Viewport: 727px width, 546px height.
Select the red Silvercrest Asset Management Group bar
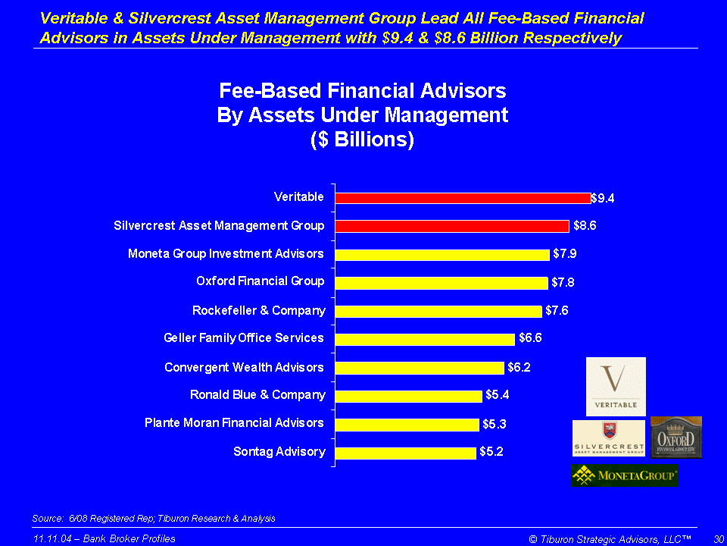pos(452,226)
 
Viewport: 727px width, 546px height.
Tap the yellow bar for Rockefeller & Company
pos(438,311)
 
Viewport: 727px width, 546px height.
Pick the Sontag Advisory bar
pos(406,453)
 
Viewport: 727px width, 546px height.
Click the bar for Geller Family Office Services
pos(425,339)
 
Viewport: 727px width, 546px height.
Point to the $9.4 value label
pos(603,198)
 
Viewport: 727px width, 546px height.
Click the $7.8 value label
pos(563,283)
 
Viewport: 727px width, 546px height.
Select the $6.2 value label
pos(519,368)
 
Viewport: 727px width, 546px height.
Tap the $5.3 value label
pos(495,424)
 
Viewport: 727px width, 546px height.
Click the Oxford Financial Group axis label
pos(260,281)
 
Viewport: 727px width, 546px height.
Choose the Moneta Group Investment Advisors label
pos(226,253)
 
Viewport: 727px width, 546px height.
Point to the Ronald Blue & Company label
pos(257,394)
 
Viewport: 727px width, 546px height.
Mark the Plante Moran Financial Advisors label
pos(234,422)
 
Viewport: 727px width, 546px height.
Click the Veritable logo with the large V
pos(616,386)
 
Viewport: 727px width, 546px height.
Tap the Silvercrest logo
pos(609,438)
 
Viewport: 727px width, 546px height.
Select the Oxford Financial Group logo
pos(676,438)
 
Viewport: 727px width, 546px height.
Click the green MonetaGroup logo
pos(624,475)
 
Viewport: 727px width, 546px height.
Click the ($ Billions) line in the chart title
pos(362,140)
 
